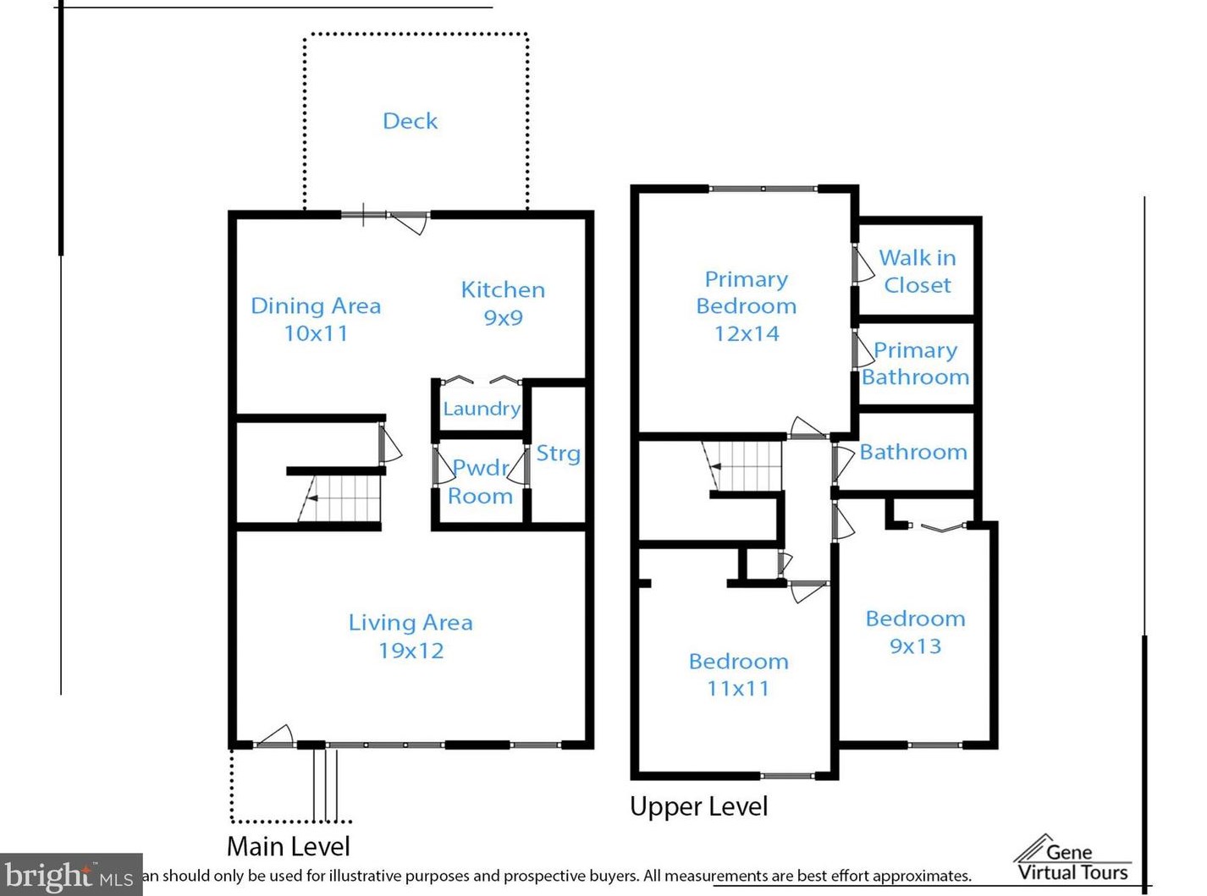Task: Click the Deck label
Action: click(x=410, y=121)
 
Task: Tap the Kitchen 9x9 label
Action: click(x=503, y=303)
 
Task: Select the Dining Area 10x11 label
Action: click(x=316, y=319)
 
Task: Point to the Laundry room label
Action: click(x=482, y=409)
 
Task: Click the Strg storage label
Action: click(x=559, y=453)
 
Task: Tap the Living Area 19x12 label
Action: click(x=411, y=636)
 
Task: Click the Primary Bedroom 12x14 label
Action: click(x=746, y=305)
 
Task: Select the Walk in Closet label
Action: click(x=918, y=271)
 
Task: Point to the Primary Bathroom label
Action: click(x=915, y=364)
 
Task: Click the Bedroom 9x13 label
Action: click(x=915, y=632)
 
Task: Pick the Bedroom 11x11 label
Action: click(x=738, y=674)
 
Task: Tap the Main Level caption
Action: click(x=288, y=846)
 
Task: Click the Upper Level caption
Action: click(x=699, y=806)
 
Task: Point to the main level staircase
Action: click(x=339, y=498)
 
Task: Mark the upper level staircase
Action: click(x=741, y=466)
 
